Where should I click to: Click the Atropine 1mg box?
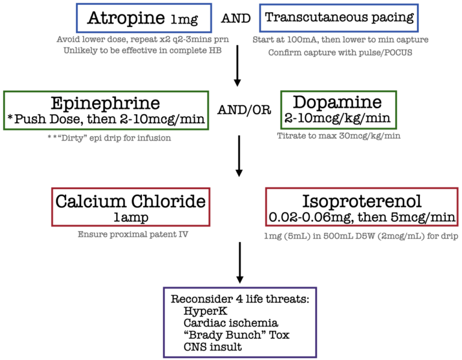144,18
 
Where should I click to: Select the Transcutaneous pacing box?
340,18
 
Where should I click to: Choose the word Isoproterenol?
362,201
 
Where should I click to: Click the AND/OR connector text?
244,111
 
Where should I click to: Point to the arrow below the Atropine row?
238,68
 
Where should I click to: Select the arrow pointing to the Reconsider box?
240,263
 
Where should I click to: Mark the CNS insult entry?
214,347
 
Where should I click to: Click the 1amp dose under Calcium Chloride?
131,216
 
